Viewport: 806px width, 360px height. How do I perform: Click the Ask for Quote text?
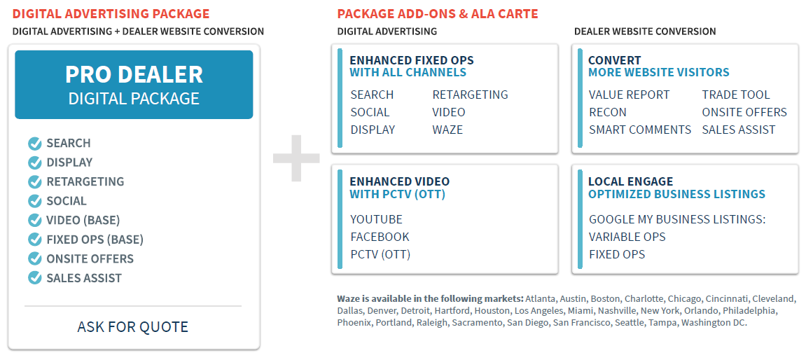(x=132, y=326)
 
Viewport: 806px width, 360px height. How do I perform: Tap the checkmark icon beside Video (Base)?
(x=34, y=220)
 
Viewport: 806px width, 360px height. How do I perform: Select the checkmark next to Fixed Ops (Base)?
(x=34, y=240)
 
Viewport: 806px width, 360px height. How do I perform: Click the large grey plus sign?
(x=296, y=158)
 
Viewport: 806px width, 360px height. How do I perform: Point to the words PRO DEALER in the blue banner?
(x=134, y=74)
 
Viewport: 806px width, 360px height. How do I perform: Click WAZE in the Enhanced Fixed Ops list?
(x=447, y=130)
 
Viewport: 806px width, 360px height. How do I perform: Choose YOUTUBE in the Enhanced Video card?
(x=376, y=220)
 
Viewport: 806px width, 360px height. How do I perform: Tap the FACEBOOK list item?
(x=380, y=237)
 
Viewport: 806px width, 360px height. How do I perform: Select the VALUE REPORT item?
(x=629, y=95)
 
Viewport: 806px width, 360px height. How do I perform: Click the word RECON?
(x=608, y=112)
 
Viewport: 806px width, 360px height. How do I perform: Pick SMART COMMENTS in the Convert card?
(x=640, y=130)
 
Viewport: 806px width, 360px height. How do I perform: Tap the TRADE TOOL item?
(x=736, y=95)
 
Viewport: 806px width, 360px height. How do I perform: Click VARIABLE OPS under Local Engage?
(x=627, y=237)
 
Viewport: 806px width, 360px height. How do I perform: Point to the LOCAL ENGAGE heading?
(x=631, y=181)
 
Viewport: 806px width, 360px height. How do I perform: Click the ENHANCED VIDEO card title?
(x=399, y=181)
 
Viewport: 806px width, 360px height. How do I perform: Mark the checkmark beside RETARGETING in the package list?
(x=34, y=181)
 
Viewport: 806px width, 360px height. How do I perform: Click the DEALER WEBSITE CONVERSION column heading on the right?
(x=645, y=32)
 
